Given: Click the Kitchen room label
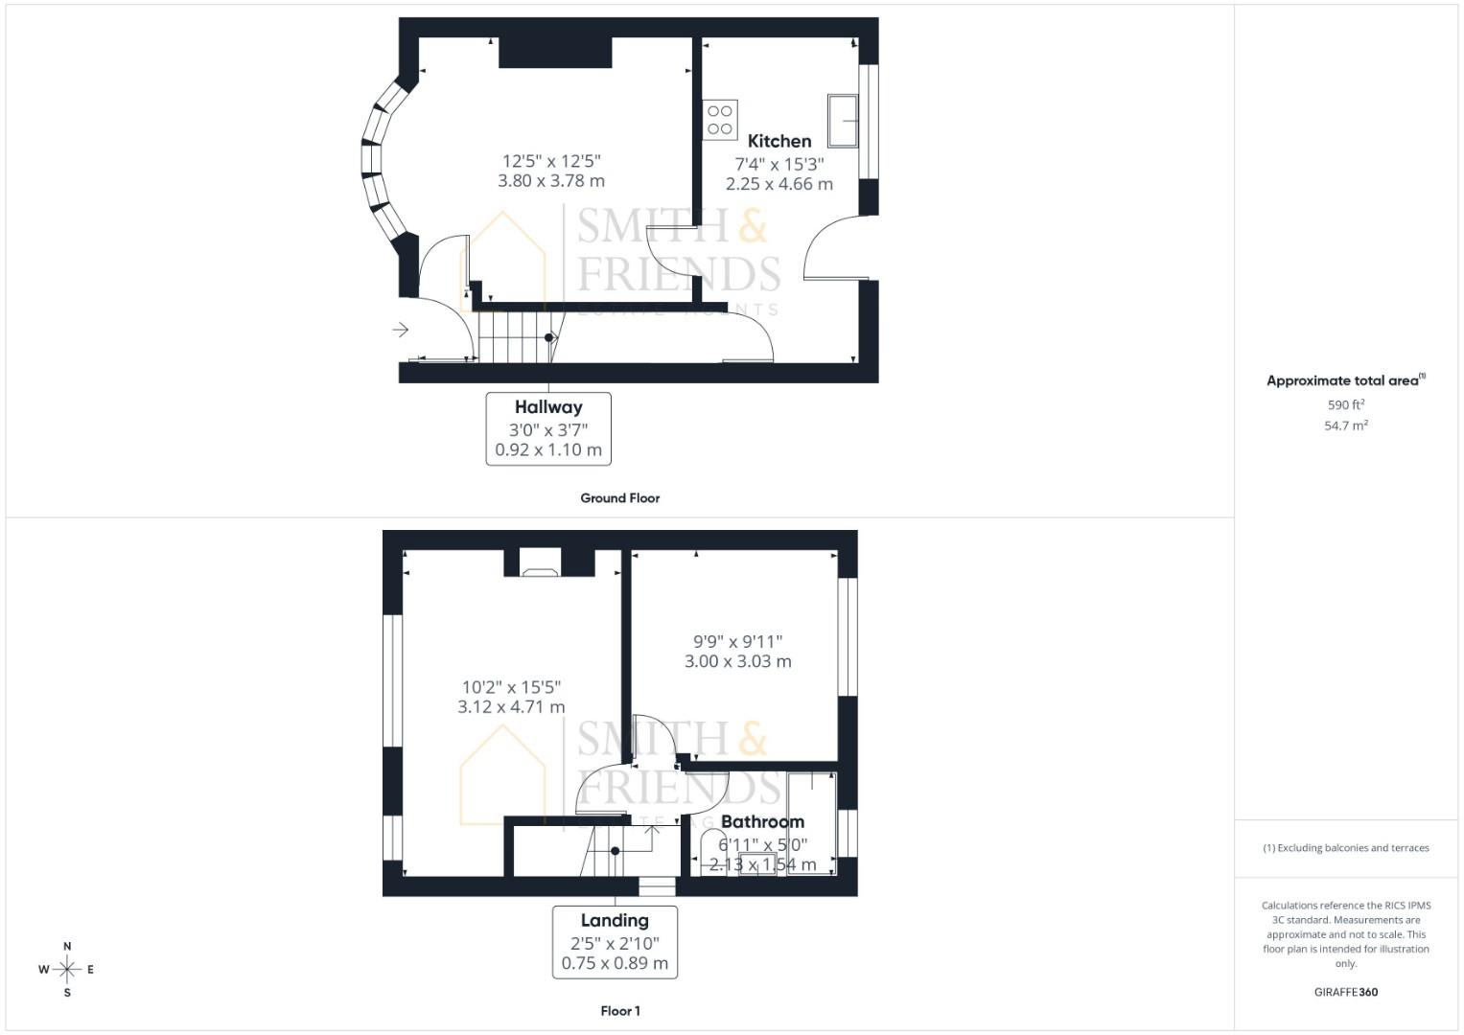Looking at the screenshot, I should [x=778, y=141].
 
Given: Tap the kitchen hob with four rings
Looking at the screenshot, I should [x=720, y=120].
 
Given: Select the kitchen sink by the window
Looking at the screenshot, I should [x=843, y=121].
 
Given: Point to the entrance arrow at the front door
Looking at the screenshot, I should [x=401, y=330].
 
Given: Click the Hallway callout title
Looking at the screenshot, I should [x=548, y=407].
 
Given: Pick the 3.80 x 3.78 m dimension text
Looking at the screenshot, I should [x=551, y=181].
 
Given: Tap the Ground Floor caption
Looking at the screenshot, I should [x=619, y=498].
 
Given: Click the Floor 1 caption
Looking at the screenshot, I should [x=619, y=1011].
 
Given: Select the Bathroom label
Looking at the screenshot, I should [x=762, y=822].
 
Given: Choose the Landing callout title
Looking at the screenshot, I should [x=615, y=921].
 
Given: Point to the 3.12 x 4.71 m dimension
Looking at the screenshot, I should [x=511, y=707].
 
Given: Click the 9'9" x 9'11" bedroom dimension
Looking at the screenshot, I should [x=737, y=641].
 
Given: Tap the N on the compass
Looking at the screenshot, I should [x=67, y=947].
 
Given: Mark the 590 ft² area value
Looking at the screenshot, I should [x=1345, y=405].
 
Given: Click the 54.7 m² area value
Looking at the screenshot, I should [x=1345, y=425].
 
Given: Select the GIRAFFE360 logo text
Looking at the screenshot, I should [x=1345, y=992].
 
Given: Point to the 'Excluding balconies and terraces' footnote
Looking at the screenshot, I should [x=1345, y=848].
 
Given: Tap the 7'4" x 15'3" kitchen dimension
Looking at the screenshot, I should [x=778, y=164].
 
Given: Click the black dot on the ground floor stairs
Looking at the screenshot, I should [x=549, y=337].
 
